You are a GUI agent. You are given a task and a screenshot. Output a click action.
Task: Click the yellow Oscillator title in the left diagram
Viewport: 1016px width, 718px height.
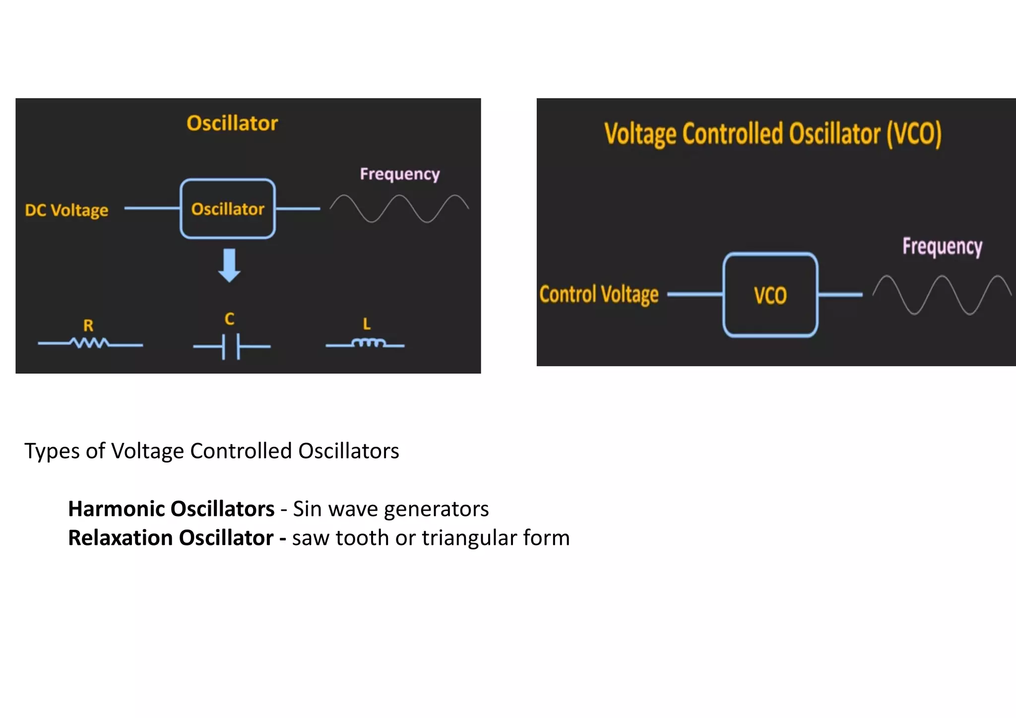click(232, 123)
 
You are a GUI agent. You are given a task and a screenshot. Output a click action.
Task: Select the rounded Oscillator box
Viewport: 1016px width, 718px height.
click(228, 209)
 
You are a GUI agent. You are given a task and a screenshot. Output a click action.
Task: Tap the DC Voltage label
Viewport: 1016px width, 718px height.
click(66, 210)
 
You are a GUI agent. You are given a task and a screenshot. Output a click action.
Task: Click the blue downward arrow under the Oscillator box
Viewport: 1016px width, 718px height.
click(229, 265)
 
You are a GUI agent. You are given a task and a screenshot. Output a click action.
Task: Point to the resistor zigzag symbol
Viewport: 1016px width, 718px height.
click(89, 343)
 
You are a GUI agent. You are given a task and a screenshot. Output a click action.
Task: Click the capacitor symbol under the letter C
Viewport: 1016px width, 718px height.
click(231, 346)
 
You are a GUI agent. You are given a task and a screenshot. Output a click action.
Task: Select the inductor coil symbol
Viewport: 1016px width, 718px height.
click(368, 343)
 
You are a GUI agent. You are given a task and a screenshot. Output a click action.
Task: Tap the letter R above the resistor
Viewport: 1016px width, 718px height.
click(88, 325)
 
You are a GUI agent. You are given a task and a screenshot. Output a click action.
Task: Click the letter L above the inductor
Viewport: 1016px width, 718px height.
click(367, 324)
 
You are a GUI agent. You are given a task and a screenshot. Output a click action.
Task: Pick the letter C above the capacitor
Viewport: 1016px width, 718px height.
click(229, 319)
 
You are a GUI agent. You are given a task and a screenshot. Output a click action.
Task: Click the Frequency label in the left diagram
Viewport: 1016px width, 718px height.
click(399, 174)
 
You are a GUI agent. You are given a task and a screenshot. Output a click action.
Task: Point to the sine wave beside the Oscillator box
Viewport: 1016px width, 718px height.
click(399, 208)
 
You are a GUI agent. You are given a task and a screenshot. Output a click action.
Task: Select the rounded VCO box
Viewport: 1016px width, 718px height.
click(770, 295)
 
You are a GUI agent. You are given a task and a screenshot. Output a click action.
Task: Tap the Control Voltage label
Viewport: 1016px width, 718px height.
click(599, 295)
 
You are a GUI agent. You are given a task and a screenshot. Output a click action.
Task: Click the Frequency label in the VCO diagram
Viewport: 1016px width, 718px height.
click(942, 246)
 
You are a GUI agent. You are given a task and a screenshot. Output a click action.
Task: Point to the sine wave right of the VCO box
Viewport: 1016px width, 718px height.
click(941, 295)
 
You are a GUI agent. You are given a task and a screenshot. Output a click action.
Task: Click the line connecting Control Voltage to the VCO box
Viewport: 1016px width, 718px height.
click(695, 295)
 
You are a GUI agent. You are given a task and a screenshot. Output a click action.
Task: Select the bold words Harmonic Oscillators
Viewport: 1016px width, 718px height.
click(171, 509)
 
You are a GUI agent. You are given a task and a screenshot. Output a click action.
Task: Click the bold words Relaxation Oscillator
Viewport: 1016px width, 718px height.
click(171, 538)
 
